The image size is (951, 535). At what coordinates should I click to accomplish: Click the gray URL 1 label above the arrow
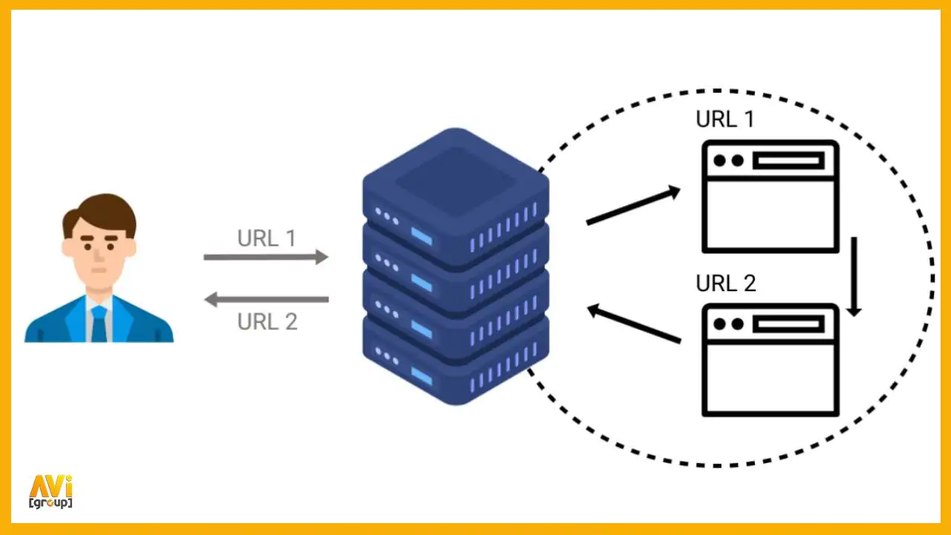[267, 239]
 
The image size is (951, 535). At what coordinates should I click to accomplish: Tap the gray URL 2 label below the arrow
[267, 322]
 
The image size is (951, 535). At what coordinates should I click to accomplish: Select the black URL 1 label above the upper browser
[725, 119]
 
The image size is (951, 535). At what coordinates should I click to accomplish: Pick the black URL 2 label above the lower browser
[726, 283]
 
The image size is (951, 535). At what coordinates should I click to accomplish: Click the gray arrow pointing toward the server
[266, 257]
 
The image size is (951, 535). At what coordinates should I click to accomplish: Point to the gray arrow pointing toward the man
[266, 299]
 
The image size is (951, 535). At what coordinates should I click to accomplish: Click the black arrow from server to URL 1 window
[634, 204]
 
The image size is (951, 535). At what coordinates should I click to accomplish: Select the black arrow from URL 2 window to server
[634, 322]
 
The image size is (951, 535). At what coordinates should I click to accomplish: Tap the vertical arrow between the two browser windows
[854, 277]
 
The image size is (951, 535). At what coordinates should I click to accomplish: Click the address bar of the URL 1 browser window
[788, 161]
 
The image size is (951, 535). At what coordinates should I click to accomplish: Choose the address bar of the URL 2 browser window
[788, 325]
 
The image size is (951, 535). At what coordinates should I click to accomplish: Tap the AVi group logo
[51, 492]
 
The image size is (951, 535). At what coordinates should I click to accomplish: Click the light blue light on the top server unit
[421, 236]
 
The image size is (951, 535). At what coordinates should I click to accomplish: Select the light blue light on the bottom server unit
[421, 376]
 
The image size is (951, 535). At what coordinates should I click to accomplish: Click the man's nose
[99, 255]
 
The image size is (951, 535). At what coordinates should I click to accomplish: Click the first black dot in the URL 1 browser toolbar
[720, 161]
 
